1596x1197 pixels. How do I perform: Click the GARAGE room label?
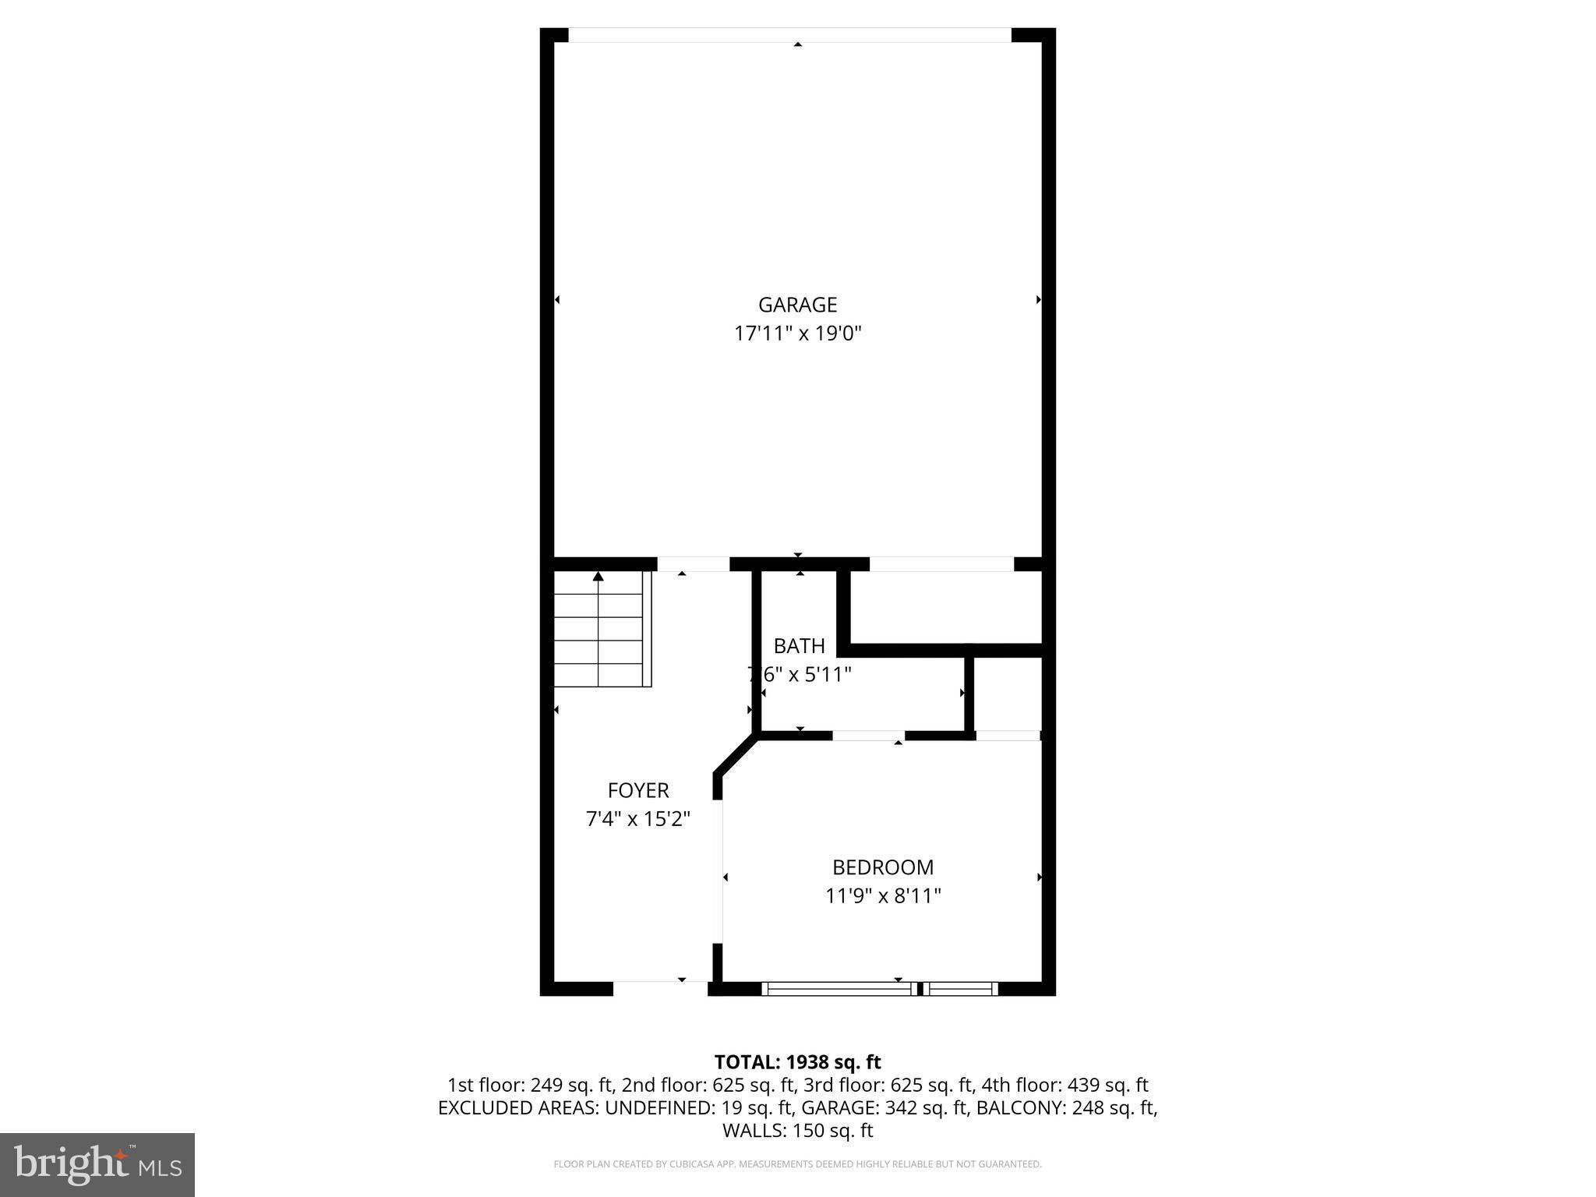click(797, 305)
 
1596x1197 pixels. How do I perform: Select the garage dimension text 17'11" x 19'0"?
click(797, 334)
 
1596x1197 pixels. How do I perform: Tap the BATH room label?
click(799, 646)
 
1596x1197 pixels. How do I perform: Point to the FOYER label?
click(638, 790)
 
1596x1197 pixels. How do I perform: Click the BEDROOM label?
click(883, 867)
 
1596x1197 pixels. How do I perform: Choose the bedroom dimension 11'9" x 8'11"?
click(883, 896)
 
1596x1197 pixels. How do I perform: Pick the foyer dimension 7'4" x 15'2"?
click(638, 819)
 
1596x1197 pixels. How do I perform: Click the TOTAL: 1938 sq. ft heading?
click(797, 1062)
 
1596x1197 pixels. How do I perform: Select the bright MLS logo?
click(97, 1164)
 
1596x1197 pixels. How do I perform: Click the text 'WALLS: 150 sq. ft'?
click(797, 1131)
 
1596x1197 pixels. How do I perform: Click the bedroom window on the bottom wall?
click(879, 989)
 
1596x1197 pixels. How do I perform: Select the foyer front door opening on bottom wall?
click(660, 988)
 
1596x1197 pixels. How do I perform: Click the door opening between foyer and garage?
click(693, 564)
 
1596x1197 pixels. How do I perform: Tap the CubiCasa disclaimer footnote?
click(797, 1164)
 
